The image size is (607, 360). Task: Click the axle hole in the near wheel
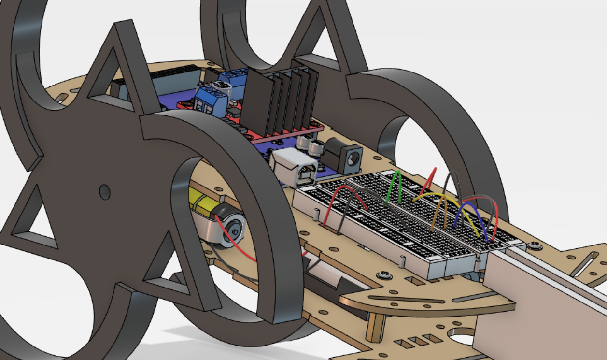coord(105,192)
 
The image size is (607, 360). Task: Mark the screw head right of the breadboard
coord(534,246)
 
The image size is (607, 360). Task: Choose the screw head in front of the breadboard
coord(384,275)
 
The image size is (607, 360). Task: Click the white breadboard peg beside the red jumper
coord(316,215)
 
